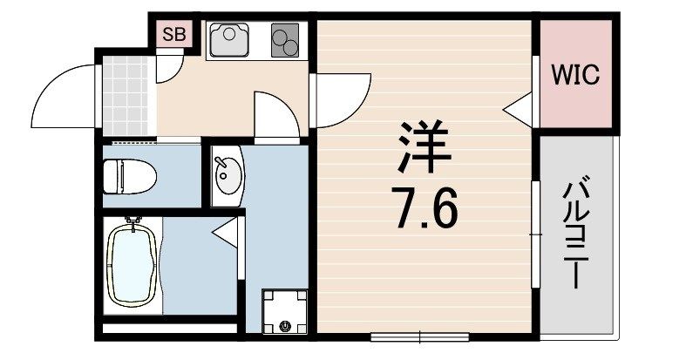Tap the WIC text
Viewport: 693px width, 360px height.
pos(574,76)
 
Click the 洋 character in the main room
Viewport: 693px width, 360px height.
pos(425,148)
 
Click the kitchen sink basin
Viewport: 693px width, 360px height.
pos(228,37)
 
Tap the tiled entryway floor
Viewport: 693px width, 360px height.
pos(125,95)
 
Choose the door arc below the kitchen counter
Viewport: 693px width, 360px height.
pos(276,113)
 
